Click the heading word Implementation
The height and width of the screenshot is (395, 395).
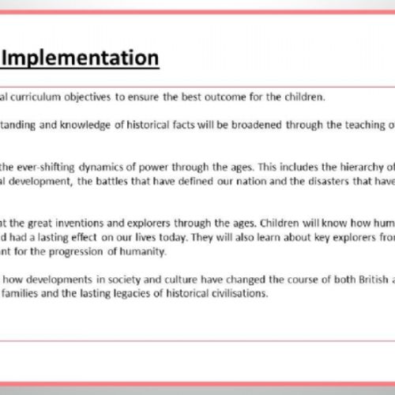(x=83, y=58)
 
